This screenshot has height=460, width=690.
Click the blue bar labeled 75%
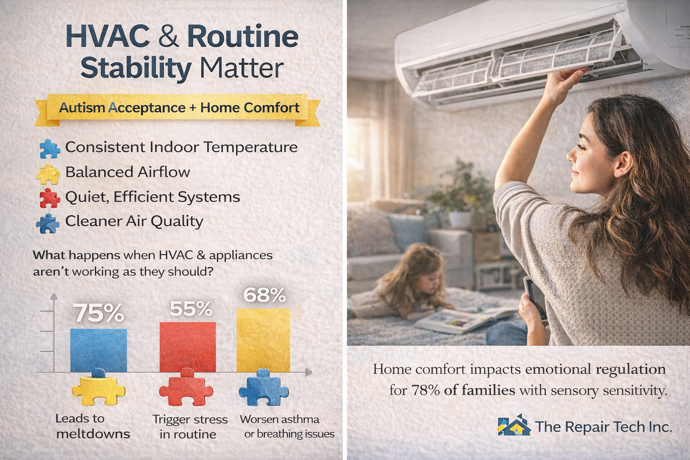tap(98, 350)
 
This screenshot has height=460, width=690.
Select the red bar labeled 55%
tap(188, 347)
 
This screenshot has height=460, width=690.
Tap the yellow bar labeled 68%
tap(263, 340)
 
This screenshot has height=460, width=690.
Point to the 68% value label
tap(264, 295)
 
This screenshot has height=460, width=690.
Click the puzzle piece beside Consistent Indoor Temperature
tap(50, 149)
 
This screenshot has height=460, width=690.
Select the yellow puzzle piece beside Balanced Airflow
tap(48, 174)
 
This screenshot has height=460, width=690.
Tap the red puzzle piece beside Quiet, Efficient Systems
tap(50, 198)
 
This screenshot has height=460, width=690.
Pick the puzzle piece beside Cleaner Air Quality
tap(48, 223)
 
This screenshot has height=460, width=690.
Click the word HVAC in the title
tap(107, 37)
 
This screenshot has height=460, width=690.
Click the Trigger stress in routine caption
tap(190, 427)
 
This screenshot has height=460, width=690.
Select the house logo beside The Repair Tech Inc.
tap(514, 425)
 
